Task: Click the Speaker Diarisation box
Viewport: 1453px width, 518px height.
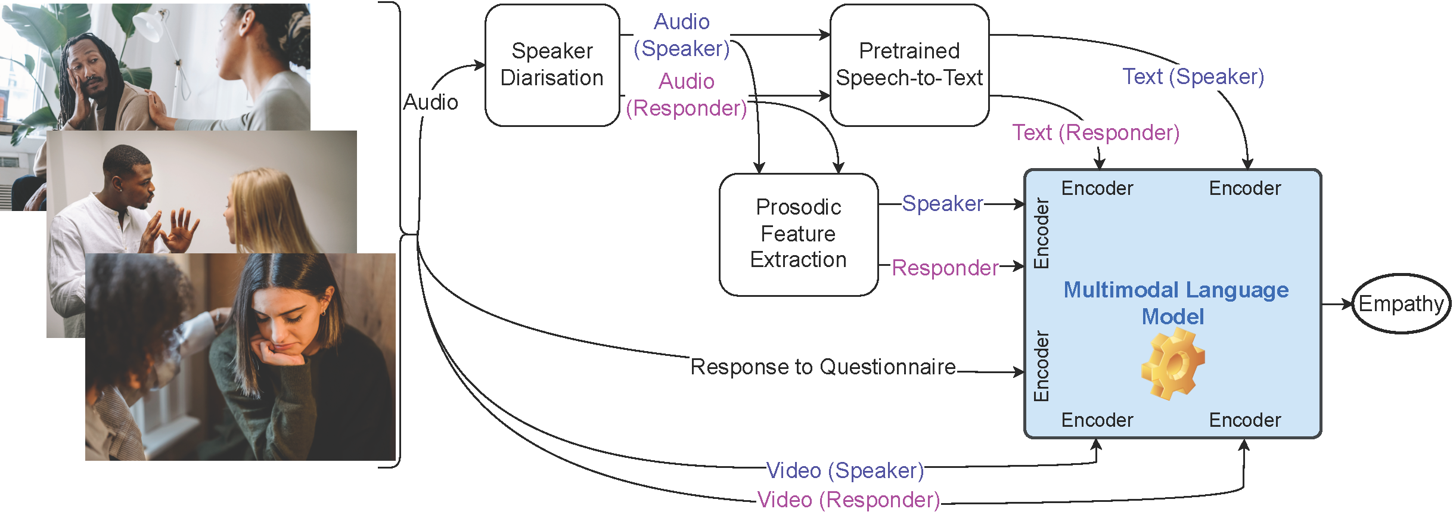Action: pos(552,65)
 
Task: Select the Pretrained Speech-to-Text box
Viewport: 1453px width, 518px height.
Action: pos(909,65)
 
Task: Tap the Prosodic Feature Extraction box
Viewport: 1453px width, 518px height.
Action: pos(798,234)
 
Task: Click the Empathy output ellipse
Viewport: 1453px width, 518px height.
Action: pos(1401,303)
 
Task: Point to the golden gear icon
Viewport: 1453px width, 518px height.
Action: pos(1172,364)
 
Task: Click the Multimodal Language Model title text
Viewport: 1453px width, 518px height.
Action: pos(1175,303)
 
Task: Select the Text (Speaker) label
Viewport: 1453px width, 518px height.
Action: pos(1193,77)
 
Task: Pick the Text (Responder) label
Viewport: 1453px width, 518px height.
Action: pos(1095,132)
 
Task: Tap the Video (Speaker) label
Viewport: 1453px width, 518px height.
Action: pos(845,470)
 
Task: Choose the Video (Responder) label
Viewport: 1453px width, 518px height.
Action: pos(848,500)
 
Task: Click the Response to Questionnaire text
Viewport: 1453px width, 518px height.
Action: pos(823,367)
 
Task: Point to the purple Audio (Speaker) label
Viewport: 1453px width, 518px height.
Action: pos(682,35)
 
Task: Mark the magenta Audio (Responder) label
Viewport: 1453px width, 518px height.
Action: pos(687,95)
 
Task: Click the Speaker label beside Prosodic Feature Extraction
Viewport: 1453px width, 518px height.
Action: pos(942,203)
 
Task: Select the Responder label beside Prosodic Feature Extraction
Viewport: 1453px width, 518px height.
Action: pos(945,268)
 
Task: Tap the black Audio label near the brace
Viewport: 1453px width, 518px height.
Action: pos(430,103)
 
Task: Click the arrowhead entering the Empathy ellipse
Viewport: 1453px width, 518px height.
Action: pos(1348,304)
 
